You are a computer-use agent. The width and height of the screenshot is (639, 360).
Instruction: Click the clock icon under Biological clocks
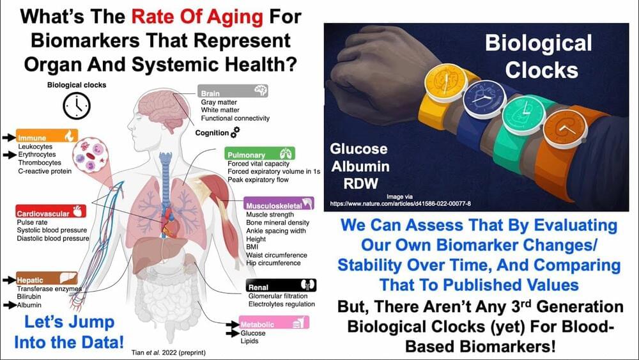tap(77, 106)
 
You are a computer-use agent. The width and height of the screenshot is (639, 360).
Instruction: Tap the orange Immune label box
tap(47, 136)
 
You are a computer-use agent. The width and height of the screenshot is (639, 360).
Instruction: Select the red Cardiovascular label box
tap(51, 211)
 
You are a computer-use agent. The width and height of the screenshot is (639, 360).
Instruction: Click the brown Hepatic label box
tap(47, 278)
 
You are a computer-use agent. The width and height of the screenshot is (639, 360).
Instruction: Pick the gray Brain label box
tap(233, 91)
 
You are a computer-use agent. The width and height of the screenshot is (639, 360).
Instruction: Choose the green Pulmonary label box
tap(259, 153)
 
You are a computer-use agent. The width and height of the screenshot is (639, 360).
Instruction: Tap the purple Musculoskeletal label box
tap(279, 203)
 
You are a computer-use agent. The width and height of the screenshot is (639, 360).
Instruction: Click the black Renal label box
tap(281, 285)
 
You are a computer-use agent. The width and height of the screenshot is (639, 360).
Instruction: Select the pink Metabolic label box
tap(274, 322)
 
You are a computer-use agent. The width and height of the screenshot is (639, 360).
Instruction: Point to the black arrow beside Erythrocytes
tap(10, 155)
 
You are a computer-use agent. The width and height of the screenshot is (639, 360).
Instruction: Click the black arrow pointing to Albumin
tap(10, 305)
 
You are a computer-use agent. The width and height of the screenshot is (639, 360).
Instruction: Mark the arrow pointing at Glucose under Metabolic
tap(233, 334)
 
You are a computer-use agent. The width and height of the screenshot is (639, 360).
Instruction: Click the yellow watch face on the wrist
tap(446, 82)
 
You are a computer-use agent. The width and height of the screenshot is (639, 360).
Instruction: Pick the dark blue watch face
tap(484, 98)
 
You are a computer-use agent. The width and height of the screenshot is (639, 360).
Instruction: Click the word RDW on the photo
tap(360, 184)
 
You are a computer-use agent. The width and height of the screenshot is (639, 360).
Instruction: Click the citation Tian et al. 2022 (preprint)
tap(168, 353)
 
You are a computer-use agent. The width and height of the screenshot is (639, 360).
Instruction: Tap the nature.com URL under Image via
tap(400, 203)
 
